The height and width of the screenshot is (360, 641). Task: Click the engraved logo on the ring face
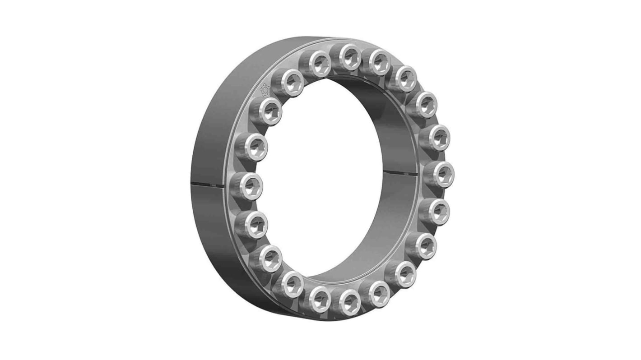point(265,90)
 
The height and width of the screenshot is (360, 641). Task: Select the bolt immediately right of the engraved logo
point(291,83)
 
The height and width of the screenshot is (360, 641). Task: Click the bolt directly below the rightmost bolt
point(437,210)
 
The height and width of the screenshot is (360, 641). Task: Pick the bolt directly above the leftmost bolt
point(252,147)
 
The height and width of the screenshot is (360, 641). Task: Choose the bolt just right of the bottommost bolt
point(379,293)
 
